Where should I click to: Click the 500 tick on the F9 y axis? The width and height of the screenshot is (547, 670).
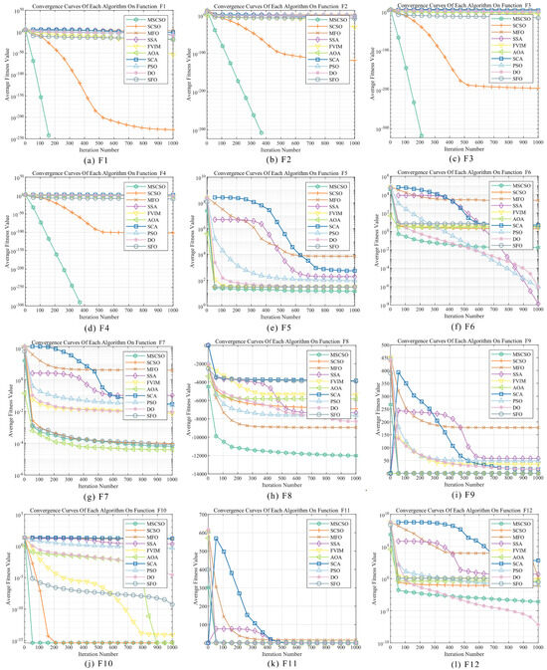pos(379,345)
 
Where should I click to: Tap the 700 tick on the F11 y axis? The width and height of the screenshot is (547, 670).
pos(197,515)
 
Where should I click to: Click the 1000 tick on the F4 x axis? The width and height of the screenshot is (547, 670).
pos(173,311)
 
